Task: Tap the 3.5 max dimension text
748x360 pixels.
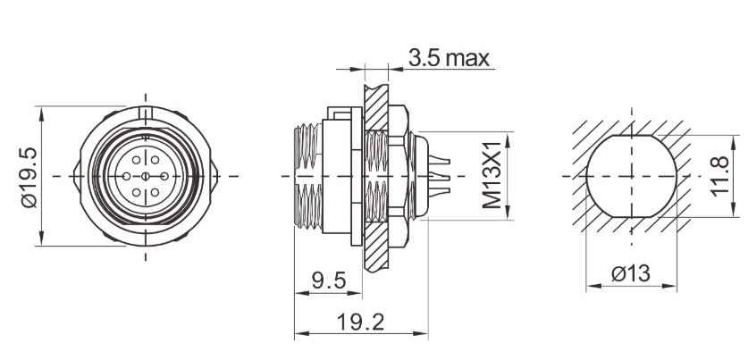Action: coord(449,59)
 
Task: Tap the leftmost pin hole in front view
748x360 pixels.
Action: coord(128,177)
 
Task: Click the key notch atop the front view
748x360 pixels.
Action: coord(147,111)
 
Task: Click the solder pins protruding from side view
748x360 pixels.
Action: coord(437,176)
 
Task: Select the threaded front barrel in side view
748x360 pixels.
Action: coord(308,176)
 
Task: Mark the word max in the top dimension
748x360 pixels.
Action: coord(467,59)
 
